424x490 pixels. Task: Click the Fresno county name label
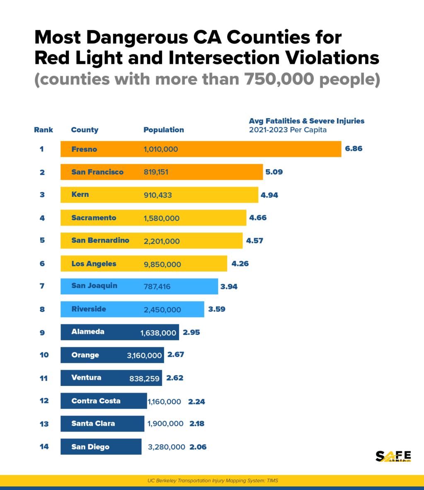(x=84, y=149)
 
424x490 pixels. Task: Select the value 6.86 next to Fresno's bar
(x=354, y=148)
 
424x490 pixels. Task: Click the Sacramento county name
(x=94, y=218)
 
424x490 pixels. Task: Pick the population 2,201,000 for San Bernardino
(x=162, y=241)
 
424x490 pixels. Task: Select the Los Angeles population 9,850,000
(x=162, y=264)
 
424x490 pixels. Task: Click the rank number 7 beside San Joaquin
(x=42, y=286)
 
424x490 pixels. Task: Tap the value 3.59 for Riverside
(x=217, y=309)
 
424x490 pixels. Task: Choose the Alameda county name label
(x=88, y=332)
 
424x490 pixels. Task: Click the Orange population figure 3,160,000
(x=144, y=356)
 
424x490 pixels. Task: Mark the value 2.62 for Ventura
(x=174, y=378)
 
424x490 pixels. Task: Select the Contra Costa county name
(x=96, y=401)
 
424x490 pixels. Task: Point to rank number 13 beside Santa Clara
(x=44, y=424)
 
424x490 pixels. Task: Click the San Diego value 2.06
(x=198, y=447)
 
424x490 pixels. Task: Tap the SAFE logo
(x=393, y=456)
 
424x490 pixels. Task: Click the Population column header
(x=164, y=130)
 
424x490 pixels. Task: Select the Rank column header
(x=44, y=130)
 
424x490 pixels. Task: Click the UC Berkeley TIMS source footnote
(x=213, y=481)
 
